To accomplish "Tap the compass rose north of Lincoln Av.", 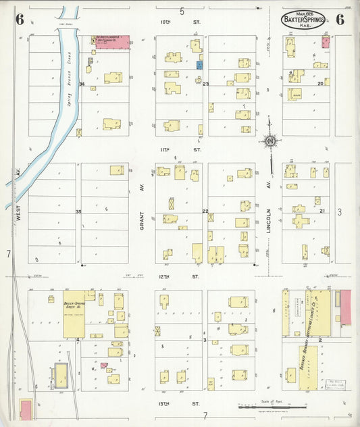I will [x=269, y=141].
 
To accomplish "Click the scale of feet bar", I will [x=272, y=407].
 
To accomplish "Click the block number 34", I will [x=81, y=84].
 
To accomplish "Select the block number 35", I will [x=78, y=211].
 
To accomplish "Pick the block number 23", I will [x=206, y=84].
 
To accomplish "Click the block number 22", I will [x=205, y=211].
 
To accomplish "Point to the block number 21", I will [x=322, y=211].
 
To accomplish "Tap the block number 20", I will [x=320, y=84].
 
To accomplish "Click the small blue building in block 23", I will [x=199, y=65].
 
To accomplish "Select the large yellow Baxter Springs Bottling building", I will [x=78, y=314].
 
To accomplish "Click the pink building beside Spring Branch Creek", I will [x=111, y=43].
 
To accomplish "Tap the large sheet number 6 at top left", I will [x=20, y=20].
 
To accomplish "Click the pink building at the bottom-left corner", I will [x=26, y=409].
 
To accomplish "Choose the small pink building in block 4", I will [x=104, y=365].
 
